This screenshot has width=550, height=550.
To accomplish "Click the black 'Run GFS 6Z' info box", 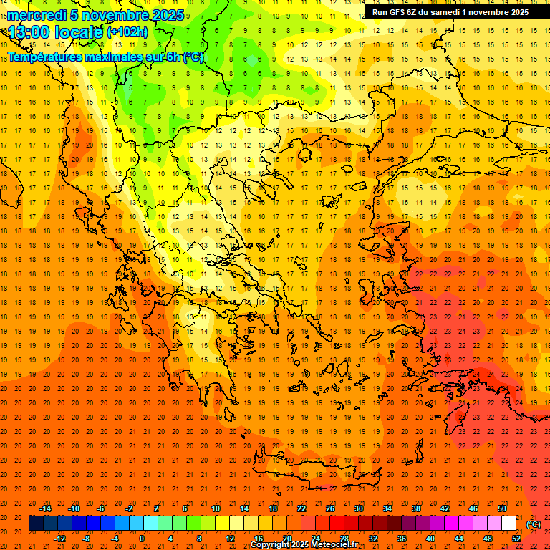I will pos(450,12).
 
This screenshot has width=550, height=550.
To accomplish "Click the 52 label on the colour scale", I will pos(516,538).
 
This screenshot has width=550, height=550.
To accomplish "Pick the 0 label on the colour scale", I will pos(143,538).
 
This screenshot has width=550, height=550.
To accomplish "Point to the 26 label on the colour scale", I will pos(330,508).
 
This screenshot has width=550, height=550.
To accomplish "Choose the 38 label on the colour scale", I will pos(416,508).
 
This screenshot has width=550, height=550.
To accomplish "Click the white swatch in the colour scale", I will pos(509,524).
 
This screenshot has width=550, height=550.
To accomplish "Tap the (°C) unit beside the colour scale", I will pos(534,524).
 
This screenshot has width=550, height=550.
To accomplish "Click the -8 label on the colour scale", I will pos(87,538).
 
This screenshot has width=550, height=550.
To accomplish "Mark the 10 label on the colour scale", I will pos(216,508).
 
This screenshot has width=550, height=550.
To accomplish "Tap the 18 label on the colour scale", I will pos(273,508).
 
